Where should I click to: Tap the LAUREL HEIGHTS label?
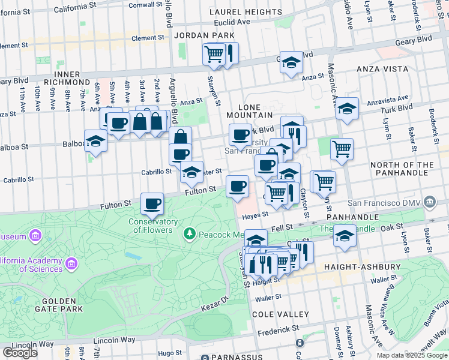click(240, 12)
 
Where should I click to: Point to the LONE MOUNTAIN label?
click(251, 115)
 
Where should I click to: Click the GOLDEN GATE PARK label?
click(58, 305)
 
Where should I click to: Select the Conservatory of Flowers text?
click(153, 226)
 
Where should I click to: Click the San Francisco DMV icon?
click(429, 202)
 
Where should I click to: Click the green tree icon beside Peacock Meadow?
click(190, 232)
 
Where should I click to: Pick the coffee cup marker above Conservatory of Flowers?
click(152, 203)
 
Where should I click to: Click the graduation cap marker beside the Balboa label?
click(95, 141)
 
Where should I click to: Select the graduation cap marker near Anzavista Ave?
click(347, 109)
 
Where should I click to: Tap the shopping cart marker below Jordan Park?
click(214, 54)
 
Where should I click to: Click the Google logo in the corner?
click(20, 353)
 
